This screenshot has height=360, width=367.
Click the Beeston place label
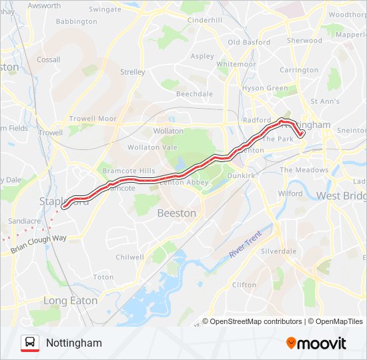click(x=176, y=213)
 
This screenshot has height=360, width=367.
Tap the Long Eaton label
click(x=70, y=301)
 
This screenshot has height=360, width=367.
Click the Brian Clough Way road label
click(x=39, y=243)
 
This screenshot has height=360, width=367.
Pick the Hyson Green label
click(x=265, y=88)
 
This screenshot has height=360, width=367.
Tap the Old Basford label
click(x=249, y=42)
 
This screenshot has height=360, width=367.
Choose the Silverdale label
click(x=278, y=251)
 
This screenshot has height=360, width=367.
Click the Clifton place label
click(x=244, y=285)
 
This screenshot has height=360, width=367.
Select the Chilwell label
click(x=129, y=257)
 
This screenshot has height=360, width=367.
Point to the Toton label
click(x=103, y=277)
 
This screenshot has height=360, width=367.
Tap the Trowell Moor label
click(x=93, y=119)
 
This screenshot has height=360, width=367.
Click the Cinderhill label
click(x=204, y=20)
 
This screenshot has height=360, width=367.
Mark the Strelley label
click(x=132, y=72)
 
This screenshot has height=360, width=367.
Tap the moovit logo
click(x=316, y=343)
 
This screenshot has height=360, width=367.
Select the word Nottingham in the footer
click(x=74, y=343)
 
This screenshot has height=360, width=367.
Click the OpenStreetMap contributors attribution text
click(x=256, y=321)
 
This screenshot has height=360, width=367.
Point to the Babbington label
click(x=77, y=21)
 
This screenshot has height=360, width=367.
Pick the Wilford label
click(x=290, y=193)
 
